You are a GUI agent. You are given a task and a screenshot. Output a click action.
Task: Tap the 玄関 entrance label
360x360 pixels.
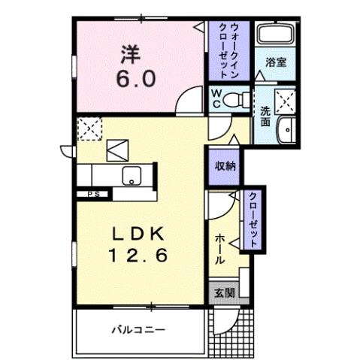tap(223, 292)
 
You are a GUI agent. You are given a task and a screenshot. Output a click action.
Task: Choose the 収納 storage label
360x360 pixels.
tap(225, 166)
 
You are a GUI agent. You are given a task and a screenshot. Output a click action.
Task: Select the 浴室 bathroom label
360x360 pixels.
tap(277, 63)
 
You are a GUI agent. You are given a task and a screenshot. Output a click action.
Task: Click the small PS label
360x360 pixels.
tap(93, 194)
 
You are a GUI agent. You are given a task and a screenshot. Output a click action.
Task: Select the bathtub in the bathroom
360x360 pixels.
tap(277, 35)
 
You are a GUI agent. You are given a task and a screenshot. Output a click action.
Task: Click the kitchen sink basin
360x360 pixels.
tap(132, 177)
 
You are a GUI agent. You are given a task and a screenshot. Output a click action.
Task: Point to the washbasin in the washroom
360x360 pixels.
tap(287, 130)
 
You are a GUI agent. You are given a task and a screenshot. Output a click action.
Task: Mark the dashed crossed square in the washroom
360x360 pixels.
tap(285, 100)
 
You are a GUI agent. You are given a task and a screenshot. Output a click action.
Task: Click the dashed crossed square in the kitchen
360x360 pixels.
tap(89, 129)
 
